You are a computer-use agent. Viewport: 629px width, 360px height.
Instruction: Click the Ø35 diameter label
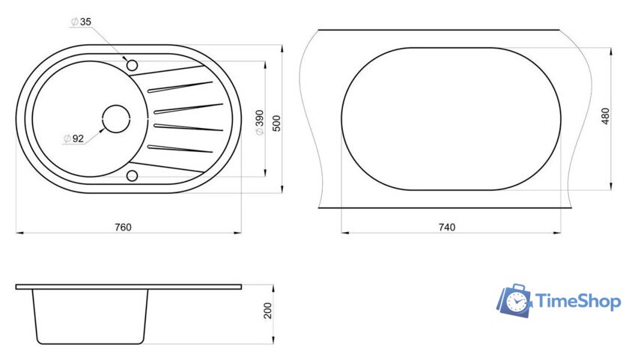[81, 22]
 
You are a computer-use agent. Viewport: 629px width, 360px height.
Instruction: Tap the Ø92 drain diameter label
[74, 138]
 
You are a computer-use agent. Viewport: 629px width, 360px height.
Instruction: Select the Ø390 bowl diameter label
[260, 122]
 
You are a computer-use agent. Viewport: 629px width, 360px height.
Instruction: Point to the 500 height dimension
[276, 123]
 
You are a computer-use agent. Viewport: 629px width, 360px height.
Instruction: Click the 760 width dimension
[123, 228]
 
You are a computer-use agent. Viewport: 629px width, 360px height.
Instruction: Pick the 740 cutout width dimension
[447, 228]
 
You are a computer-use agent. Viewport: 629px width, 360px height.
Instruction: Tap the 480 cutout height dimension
[605, 116]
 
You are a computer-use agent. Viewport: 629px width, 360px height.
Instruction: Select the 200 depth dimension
[267, 311]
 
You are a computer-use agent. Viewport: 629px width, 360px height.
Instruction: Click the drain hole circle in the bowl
[116, 119]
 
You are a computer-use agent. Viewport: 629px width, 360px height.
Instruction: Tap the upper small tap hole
[132, 65]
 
